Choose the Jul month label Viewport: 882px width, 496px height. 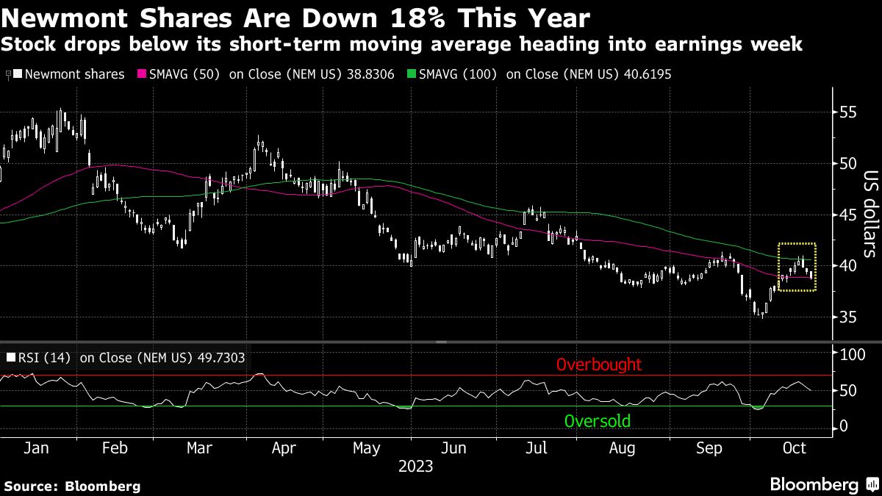538,448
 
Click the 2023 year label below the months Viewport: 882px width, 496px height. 416,466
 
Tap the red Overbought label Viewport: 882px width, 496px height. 598,364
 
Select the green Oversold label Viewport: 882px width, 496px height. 597,421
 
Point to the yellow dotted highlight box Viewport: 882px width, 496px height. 797,267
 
